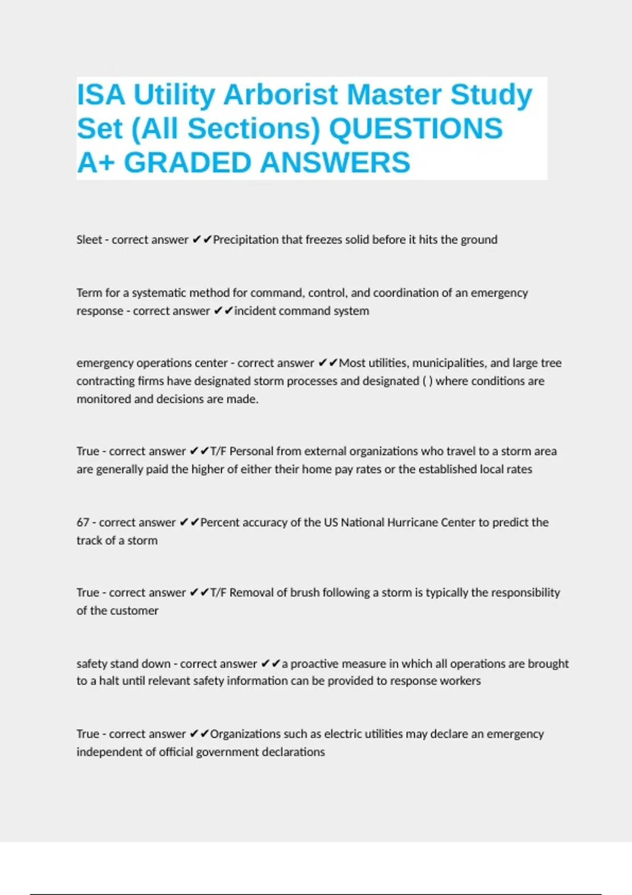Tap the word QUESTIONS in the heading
[x=416, y=129]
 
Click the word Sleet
[x=89, y=240]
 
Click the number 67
[x=83, y=522]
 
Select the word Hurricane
[x=412, y=522]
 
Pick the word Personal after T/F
[x=251, y=451]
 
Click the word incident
[x=255, y=311]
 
